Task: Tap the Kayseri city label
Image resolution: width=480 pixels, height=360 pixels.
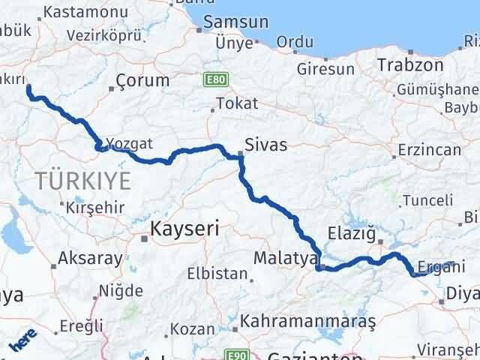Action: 184,229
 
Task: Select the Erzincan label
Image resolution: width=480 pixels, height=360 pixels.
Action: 430,150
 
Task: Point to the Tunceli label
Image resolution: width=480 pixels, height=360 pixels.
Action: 427,200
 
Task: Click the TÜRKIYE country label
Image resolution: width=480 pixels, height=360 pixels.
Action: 82,180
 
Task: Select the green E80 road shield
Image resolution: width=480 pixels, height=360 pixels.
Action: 214,78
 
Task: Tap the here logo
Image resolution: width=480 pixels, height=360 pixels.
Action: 22,343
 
